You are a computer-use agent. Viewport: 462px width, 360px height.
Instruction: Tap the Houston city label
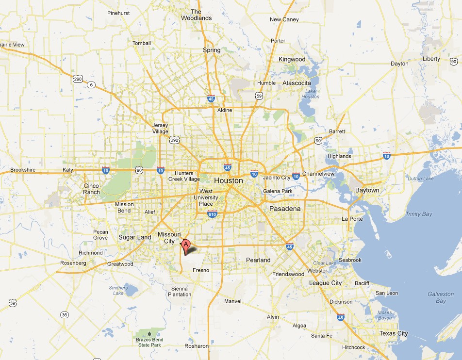pyautogui.click(x=228, y=180)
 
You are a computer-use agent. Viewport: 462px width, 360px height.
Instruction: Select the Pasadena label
pyautogui.click(x=285, y=209)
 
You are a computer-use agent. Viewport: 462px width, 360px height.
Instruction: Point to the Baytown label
pyautogui.click(x=367, y=190)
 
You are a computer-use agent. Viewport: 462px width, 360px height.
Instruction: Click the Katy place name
pyautogui.click(x=67, y=170)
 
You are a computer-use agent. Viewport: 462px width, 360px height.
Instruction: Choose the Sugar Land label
pyautogui.click(x=134, y=237)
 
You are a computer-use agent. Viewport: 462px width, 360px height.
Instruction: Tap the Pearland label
pyautogui.click(x=258, y=260)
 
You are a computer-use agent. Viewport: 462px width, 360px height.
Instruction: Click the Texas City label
pyautogui.click(x=394, y=333)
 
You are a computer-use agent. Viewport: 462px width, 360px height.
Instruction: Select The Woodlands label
pyautogui.click(x=196, y=15)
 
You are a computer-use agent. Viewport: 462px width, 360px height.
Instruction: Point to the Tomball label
pyautogui.click(x=142, y=43)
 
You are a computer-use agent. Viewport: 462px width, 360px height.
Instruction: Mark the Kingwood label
pyautogui.click(x=292, y=59)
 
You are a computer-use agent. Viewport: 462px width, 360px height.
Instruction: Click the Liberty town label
pyautogui.click(x=431, y=59)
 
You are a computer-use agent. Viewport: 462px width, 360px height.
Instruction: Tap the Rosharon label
pyautogui.click(x=197, y=346)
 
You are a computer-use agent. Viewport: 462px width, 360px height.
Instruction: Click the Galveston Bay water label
pyautogui.click(x=441, y=297)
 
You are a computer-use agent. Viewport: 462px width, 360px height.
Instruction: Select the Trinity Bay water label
pyautogui.click(x=419, y=214)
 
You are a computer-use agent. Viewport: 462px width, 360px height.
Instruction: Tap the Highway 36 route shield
pyautogui.click(x=65, y=315)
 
